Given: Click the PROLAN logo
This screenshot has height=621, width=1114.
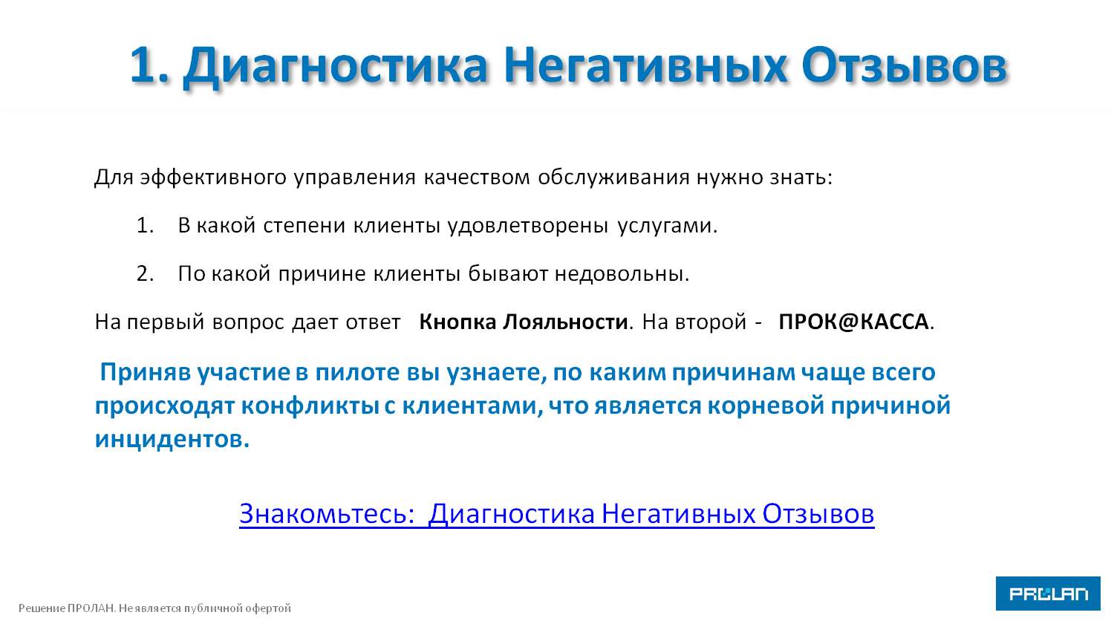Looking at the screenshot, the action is [1048, 593].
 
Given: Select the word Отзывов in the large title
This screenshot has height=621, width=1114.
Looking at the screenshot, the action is [904, 65].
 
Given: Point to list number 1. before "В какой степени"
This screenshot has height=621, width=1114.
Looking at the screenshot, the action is [146, 225].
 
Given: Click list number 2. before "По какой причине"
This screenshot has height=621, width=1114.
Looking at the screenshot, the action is [146, 273].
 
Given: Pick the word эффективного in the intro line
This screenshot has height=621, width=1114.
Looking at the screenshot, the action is [213, 178].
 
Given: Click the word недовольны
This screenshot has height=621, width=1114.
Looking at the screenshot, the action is [622, 274].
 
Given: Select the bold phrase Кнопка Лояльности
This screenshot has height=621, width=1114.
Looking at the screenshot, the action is [524, 322].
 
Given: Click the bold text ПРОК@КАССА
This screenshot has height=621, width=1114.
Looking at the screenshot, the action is [853, 322].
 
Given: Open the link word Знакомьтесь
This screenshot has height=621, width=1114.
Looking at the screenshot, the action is [327, 513].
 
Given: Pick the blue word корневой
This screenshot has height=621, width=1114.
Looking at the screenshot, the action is [766, 406].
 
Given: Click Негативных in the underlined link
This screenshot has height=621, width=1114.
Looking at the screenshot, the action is [679, 513].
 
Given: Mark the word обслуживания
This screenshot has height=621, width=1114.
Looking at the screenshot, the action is [613, 178].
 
